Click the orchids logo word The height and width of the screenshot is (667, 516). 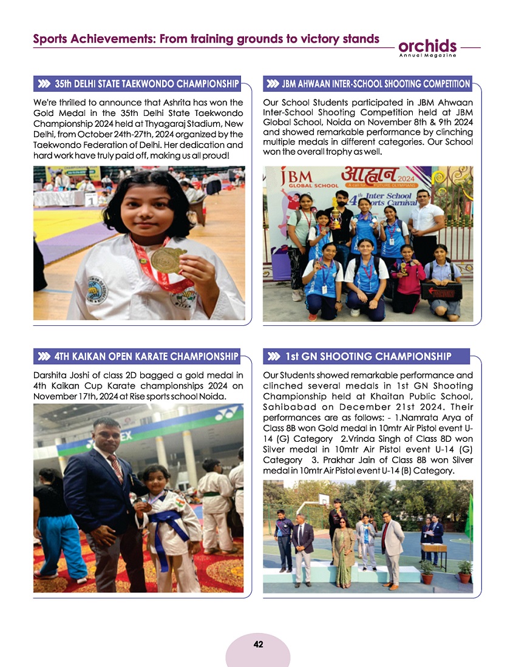[x=427, y=46]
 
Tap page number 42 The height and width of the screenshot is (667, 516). [x=258, y=645]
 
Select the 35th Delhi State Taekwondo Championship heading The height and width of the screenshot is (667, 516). [x=146, y=84]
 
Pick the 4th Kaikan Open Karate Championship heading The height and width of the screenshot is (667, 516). [x=146, y=356]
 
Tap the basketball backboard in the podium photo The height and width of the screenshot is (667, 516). [x=324, y=499]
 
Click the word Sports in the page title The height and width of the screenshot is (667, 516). [x=50, y=39]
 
